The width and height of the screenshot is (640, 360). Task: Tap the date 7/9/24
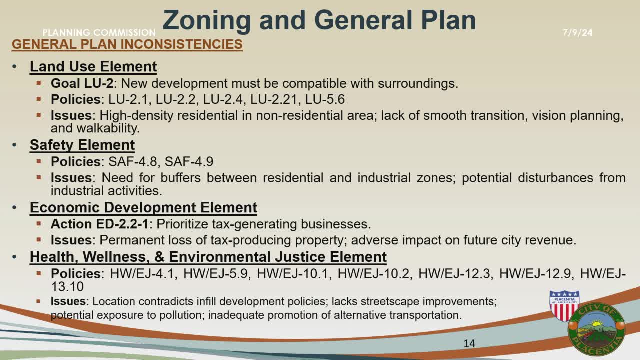[577, 33]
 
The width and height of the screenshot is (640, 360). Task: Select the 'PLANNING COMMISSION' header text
[99, 33]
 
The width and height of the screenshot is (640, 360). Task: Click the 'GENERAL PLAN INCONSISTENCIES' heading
[127, 44]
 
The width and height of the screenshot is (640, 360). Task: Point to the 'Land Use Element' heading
[93, 67]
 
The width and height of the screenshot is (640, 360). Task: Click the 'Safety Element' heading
[82, 145]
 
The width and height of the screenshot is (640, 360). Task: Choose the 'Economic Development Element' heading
[143, 207]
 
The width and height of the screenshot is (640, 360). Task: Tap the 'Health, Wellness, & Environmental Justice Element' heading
[208, 257]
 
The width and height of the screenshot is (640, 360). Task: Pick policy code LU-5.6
[325, 99]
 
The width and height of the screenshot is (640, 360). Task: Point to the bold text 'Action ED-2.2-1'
[99, 224]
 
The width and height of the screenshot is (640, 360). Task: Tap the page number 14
[469, 343]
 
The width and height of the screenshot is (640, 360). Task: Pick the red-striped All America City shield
[564, 305]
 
